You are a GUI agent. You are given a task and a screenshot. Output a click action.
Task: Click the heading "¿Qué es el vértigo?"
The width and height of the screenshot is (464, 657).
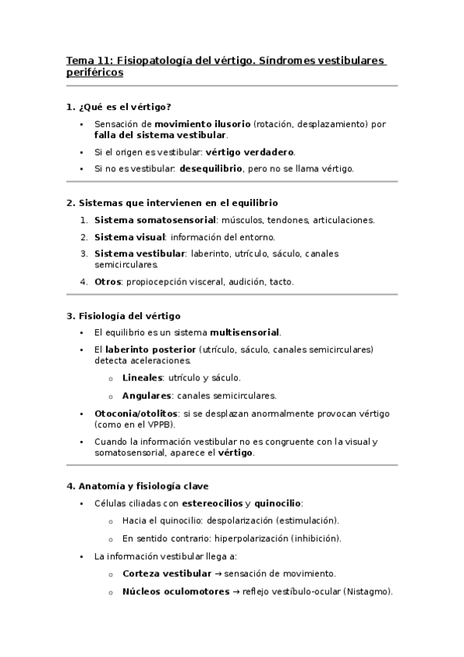pos(124,106)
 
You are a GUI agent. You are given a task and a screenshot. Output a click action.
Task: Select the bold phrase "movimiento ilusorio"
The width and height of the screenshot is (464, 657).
pos(202,124)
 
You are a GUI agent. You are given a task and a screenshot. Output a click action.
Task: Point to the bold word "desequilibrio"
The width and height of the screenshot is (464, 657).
pos(211,168)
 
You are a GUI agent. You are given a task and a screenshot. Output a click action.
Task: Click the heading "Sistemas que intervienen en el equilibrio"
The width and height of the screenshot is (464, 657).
pos(177,203)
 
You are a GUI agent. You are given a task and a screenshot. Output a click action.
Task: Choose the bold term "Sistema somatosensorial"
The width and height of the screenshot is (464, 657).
pos(155,220)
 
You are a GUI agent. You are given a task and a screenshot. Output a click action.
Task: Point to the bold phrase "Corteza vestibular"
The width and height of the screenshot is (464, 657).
pos(167,573)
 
